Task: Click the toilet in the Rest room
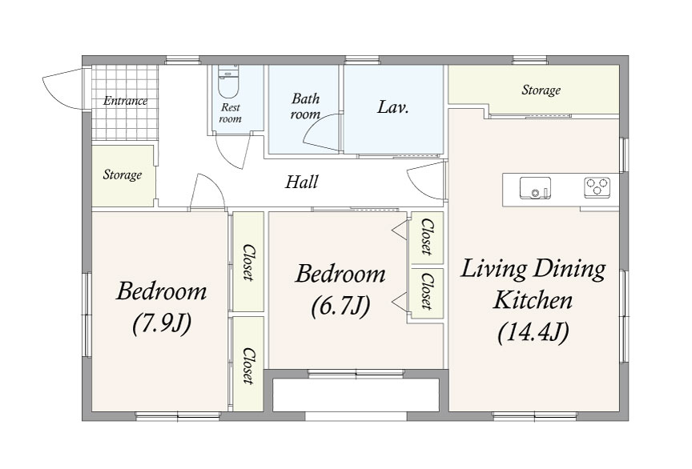tap(228, 82)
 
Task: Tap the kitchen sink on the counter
tap(535, 188)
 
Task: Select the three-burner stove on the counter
tap(597, 186)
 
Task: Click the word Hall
tap(302, 182)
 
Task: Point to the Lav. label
tap(392, 107)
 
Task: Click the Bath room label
tap(305, 106)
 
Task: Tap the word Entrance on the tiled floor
tap(125, 101)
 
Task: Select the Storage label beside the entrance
tap(123, 174)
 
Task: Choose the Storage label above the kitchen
tap(541, 90)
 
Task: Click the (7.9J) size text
tap(162, 323)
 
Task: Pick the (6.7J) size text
tap(340, 306)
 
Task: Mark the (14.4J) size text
tap(533, 332)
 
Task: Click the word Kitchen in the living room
tap(533, 300)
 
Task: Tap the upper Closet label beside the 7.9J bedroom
tap(248, 262)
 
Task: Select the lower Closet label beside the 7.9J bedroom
tap(248, 366)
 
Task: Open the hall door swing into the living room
tap(424, 181)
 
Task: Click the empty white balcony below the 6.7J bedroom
tap(356, 395)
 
